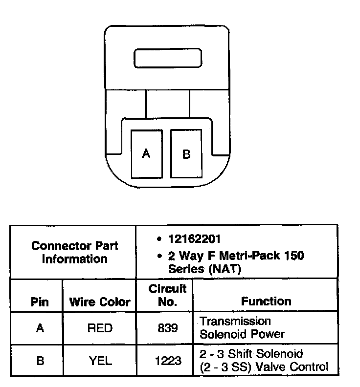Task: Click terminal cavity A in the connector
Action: tap(146, 153)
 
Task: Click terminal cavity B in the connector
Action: tap(186, 153)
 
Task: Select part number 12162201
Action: tap(194, 239)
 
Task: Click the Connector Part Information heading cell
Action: tap(74, 252)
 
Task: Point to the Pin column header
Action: tap(40, 302)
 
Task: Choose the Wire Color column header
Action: tap(100, 302)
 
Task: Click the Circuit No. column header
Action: tap(167, 296)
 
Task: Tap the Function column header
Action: tap(266, 301)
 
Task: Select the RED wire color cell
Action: tap(100, 328)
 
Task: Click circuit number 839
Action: tap(168, 328)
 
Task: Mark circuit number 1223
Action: tap(168, 361)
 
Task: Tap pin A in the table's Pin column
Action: tap(40, 328)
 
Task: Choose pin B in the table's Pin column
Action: tap(40, 361)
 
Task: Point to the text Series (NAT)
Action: tap(204, 268)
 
